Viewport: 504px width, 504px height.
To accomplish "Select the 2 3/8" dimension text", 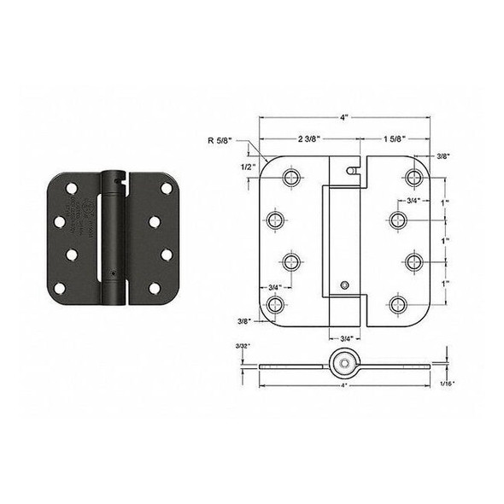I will tap(309, 138).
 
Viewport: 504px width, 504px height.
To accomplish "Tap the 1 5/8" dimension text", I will tap(396, 138).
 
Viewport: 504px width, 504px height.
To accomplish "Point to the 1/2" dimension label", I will tap(247, 167).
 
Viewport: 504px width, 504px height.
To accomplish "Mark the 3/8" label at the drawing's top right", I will tap(442, 155).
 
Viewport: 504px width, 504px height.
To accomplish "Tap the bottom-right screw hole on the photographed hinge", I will tap(155, 287).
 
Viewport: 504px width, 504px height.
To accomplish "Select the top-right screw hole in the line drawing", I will tap(416, 178).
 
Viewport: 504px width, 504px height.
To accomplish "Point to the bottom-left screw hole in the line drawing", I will tap(275, 304).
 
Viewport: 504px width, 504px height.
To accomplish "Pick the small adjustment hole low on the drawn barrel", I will tap(343, 284).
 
